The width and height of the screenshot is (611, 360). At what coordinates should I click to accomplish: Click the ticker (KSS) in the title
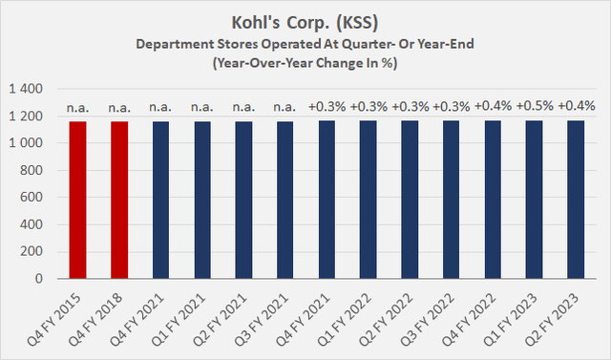point(369,19)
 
